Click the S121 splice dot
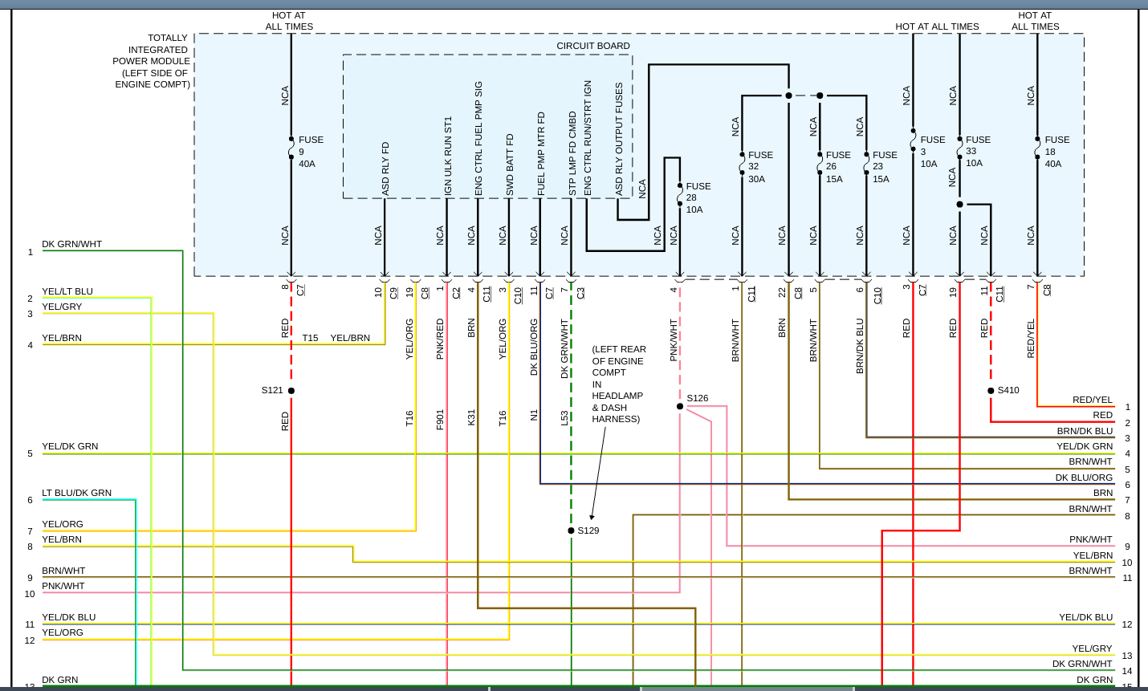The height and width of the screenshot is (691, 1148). pos(291,391)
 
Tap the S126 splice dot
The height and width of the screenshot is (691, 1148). pos(680,406)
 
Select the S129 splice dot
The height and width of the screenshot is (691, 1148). pos(571,530)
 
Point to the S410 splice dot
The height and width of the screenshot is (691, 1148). pos(991,391)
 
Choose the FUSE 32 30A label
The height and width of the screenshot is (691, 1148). pos(760,167)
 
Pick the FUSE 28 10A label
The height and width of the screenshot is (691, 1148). pos(698,197)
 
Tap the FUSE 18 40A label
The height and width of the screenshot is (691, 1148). pos(1056,152)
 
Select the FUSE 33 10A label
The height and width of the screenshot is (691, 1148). pos(978,151)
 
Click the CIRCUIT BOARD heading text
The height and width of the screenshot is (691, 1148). pos(593,46)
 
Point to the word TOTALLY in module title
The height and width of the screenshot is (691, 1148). pos(168,38)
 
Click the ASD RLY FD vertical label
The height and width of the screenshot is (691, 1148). pos(386,169)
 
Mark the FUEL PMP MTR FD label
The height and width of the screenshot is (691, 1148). pos(541,154)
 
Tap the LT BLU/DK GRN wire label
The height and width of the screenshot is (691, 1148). pos(76,493)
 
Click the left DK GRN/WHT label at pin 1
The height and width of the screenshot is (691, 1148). pos(71,244)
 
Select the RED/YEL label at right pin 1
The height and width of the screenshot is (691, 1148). pos(1093,400)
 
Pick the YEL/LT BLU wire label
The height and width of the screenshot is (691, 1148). pos(67,291)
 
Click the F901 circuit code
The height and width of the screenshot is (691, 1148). pos(440,420)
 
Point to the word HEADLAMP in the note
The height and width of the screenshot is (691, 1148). pos(617,396)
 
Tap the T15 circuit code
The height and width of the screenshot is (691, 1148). pos(310,338)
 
